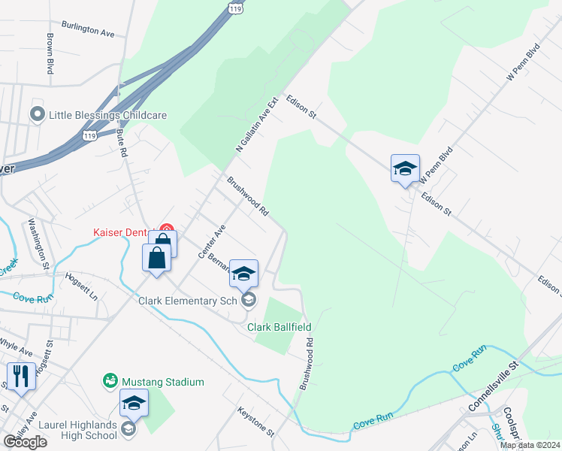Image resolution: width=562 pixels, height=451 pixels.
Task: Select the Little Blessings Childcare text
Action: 107,115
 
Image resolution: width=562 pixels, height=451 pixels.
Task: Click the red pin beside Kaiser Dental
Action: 168,229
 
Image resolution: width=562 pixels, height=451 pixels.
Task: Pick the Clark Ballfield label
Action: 279,328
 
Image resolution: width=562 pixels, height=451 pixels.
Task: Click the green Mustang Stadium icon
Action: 110,381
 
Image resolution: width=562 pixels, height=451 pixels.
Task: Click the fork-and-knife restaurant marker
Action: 20,377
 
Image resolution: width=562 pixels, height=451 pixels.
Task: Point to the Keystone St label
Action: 256,421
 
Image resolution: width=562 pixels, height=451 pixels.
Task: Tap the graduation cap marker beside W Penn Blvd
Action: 405,169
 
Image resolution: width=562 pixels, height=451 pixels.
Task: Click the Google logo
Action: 25,442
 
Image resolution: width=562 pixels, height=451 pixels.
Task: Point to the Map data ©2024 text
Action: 529,445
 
